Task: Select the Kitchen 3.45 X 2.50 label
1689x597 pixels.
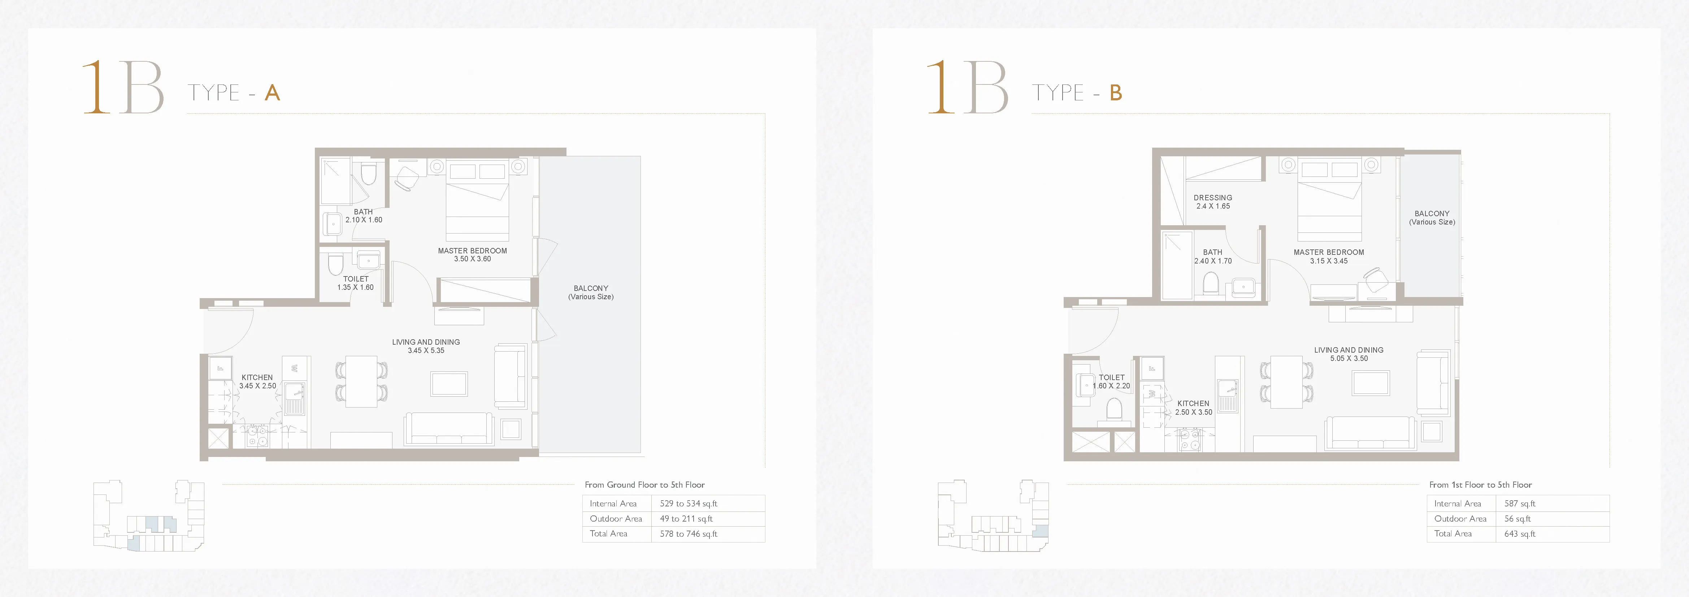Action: [x=257, y=382]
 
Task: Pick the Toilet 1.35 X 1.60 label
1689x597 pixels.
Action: [x=355, y=283]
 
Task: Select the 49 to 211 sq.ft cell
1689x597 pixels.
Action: [x=686, y=518]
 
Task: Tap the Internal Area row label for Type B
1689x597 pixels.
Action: [x=1457, y=503]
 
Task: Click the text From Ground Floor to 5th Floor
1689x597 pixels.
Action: [x=644, y=485]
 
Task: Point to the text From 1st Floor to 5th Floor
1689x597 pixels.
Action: [x=1481, y=485]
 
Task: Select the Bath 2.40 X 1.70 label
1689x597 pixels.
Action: [x=1212, y=256]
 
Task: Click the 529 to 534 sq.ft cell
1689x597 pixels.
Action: [x=689, y=503]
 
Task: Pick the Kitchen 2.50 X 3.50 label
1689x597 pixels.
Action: [x=1193, y=408]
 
